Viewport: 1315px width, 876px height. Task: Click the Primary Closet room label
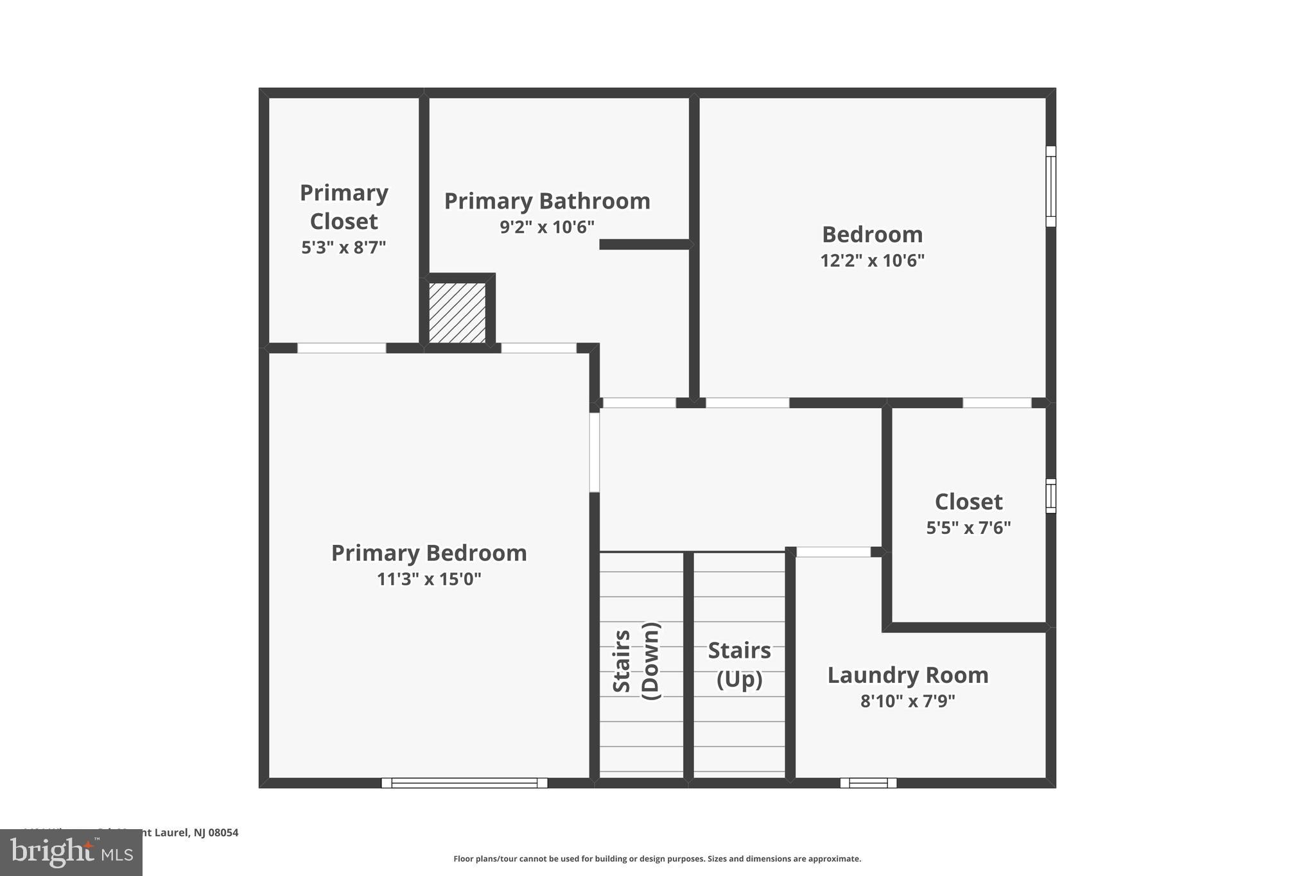point(344,207)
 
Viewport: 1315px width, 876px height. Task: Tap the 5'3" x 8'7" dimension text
point(344,247)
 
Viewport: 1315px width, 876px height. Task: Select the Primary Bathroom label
point(547,201)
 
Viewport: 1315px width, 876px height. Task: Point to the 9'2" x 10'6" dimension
point(547,227)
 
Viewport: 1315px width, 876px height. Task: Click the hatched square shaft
point(457,313)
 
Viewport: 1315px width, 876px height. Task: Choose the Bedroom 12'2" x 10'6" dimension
point(872,260)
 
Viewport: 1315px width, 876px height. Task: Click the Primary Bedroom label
point(429,553)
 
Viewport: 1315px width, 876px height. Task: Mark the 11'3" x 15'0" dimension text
point(429,579)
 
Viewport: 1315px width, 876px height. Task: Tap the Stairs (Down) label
point(636,661)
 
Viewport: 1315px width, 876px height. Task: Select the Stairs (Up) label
point(739,664)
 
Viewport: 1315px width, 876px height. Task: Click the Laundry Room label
point(907,674)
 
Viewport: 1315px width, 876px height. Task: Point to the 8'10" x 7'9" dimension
point(907,701)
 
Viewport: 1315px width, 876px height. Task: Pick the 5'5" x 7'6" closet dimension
point(968,528)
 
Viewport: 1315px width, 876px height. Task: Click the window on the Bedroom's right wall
point(1050,186)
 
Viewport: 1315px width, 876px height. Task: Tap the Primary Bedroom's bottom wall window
point(464,782)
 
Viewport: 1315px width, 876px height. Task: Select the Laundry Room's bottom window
point(868,782)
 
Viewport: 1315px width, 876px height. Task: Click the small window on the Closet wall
point(1050,495)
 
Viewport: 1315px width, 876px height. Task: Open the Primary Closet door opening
point(342,348)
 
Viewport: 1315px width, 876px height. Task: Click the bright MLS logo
point(71,852)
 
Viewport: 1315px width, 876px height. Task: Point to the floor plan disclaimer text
point(657,859)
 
